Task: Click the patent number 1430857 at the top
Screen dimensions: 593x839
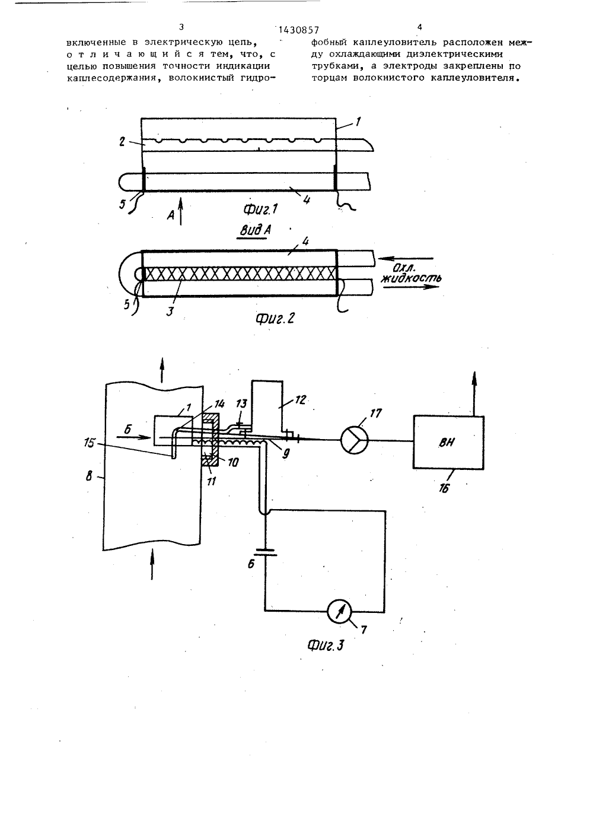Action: [x=299, y=30]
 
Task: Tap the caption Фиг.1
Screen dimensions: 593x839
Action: [x=260, y=209]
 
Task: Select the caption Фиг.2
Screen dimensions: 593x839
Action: [x=275, y=317]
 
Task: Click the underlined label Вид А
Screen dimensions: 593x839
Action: [x=256, y=231]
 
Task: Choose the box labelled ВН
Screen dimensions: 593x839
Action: [x=448, y=442]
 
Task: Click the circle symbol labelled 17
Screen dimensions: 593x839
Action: [x=355, y=440]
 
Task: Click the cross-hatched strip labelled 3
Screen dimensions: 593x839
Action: [x=240, y=274]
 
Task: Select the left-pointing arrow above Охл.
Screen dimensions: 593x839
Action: [x=405, y=258]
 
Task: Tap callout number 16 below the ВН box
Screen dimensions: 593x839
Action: [x=444, y=488]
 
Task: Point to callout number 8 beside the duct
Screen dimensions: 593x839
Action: [x=89, y=477]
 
